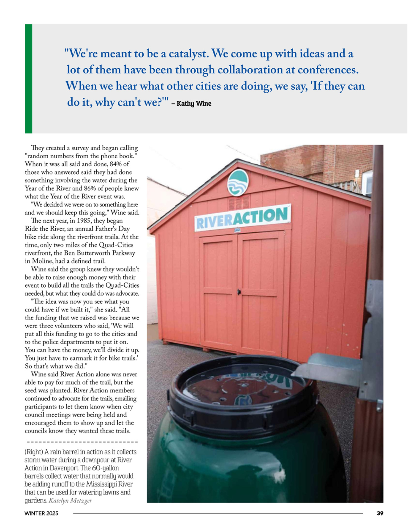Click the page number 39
click(x=380, y=513)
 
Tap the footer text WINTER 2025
click(x=41, y=513)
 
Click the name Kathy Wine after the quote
click(x=194, y=103)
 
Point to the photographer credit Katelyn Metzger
click(x=70, y=500)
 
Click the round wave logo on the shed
click(x=238, y=182)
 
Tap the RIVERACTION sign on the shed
click(x=242, y=217)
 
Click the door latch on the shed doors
click(x=239, y=292)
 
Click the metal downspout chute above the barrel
click(x=329, y=367)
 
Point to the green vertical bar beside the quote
click(x=28, y=79)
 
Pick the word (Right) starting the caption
click(x=33, y=452)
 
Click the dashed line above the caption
click(x=82, y=442)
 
